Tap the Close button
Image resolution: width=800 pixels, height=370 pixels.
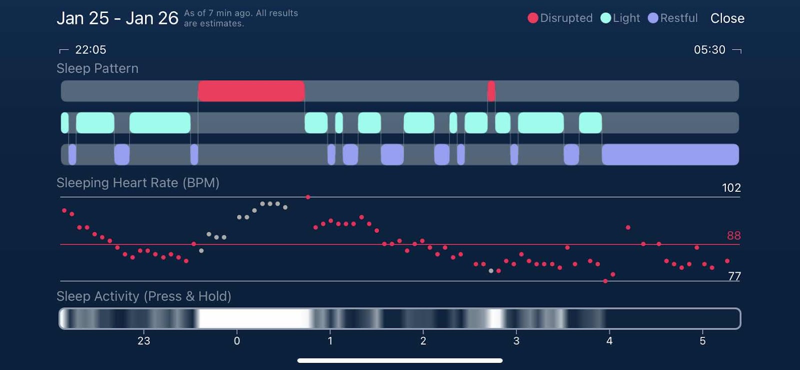[x=727, y=19]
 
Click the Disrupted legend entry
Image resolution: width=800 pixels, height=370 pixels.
[x=560, y=18]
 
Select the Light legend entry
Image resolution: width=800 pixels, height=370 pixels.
[x=620, y=18]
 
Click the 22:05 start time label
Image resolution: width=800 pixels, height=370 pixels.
[x=90, y=50]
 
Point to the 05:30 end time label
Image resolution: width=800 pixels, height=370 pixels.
[x=709, y=50]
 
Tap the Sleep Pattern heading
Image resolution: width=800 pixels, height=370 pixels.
[x=97, y=69]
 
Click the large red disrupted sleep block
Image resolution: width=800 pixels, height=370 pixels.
[x=251, y=91]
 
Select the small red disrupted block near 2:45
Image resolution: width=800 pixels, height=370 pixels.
[x=491, y=91]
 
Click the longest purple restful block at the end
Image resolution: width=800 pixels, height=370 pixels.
[x=670, y=154]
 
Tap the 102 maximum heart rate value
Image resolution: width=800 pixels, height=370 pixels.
[x=731, y=188]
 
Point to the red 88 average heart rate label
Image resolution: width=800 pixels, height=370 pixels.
[x=733, y=235]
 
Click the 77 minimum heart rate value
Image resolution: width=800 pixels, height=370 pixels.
[x=734, y=276]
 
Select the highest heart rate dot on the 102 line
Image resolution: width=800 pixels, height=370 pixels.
[x=308, y=197]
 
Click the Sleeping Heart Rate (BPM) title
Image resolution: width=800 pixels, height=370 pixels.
[x=138, y=183]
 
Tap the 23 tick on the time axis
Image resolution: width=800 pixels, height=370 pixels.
[x=143, y=341]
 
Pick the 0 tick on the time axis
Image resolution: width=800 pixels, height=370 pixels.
[x=237, y=341]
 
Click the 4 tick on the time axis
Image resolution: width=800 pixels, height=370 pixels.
[x=609, y=341]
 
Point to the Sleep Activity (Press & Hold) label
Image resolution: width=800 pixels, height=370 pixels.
[x=144, y=296]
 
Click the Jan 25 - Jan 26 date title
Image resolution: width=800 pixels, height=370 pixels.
[x=117, y=19]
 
